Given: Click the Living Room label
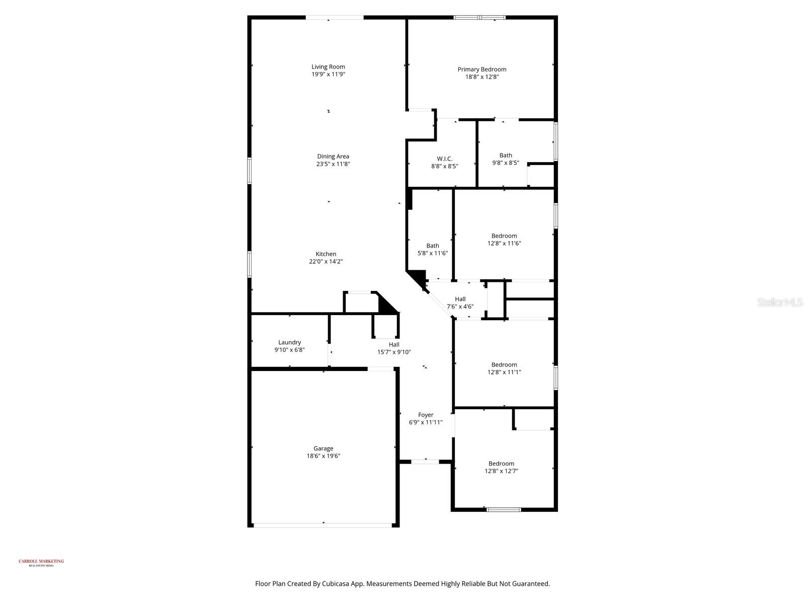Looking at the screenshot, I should tap(328, 66).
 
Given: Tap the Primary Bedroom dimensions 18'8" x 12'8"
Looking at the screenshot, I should tap(481, 77).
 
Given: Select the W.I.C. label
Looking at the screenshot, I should tap(444, 159).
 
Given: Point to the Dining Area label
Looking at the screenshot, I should tap(333, 156).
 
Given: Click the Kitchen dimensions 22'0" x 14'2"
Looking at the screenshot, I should tap(326, 261).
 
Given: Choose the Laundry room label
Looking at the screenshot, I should tap(289, 342).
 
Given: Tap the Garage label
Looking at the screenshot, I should tap(323, 448).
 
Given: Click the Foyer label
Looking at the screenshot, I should tap(426, 415).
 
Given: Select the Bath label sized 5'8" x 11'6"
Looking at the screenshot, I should tap(432, 246).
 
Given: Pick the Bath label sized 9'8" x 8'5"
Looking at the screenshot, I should tap(506, 155).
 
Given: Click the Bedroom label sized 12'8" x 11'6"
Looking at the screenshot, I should tap(504, 236).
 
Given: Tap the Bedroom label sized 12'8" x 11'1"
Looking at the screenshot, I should tap(504, 364).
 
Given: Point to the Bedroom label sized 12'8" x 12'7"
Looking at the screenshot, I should tap(501, 464).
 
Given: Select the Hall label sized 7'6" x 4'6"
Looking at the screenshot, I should tap(460, 299).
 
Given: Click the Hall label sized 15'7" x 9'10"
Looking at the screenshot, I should tap(394, 344).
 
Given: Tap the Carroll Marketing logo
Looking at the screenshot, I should tap(41, 562).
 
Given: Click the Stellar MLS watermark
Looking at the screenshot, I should tap(780, 302).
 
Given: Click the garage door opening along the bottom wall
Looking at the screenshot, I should tap(323, 525).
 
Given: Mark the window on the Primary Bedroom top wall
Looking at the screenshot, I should tap(479, 18).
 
